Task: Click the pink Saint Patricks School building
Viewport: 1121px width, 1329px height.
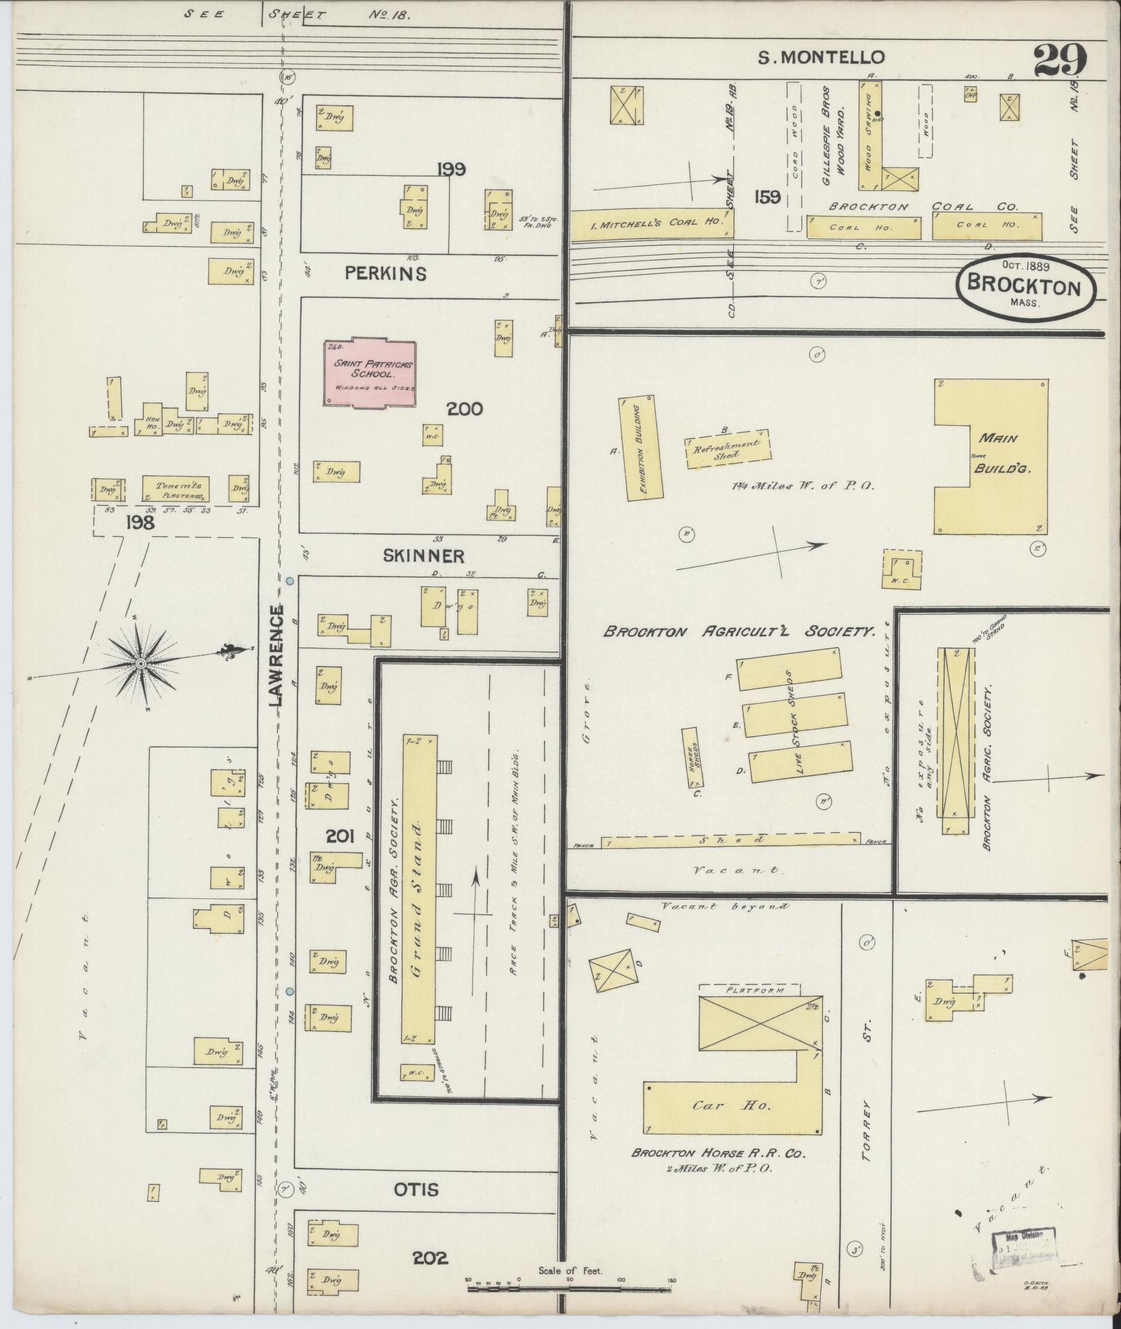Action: [370, 372]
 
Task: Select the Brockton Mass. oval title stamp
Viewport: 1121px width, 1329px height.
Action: [1025, 285]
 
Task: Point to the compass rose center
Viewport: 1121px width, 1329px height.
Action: [141, 663]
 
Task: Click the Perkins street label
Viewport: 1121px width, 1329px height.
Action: [386, 274]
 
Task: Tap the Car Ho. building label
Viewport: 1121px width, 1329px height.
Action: [731, 1105]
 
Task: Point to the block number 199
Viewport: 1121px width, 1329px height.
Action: [452, 169]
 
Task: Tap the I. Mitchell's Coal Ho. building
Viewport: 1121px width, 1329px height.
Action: [651, 225]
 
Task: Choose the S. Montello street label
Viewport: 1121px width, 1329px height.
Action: [821, 58]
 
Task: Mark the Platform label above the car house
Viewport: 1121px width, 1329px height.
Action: [749, 990]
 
